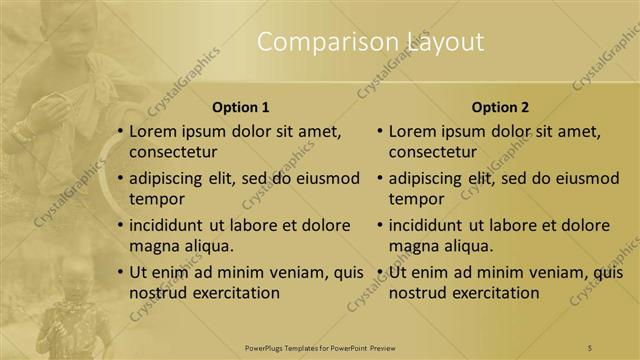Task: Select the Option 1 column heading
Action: tap(241, 107)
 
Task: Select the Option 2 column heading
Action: tap(500, 107)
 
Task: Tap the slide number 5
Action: tap(591, 347)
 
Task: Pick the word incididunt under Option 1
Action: tap(172, 226)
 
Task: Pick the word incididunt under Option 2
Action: tap(431, 226)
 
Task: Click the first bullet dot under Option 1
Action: tap(120, 132)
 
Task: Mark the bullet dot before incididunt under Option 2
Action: tap(380, 226)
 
